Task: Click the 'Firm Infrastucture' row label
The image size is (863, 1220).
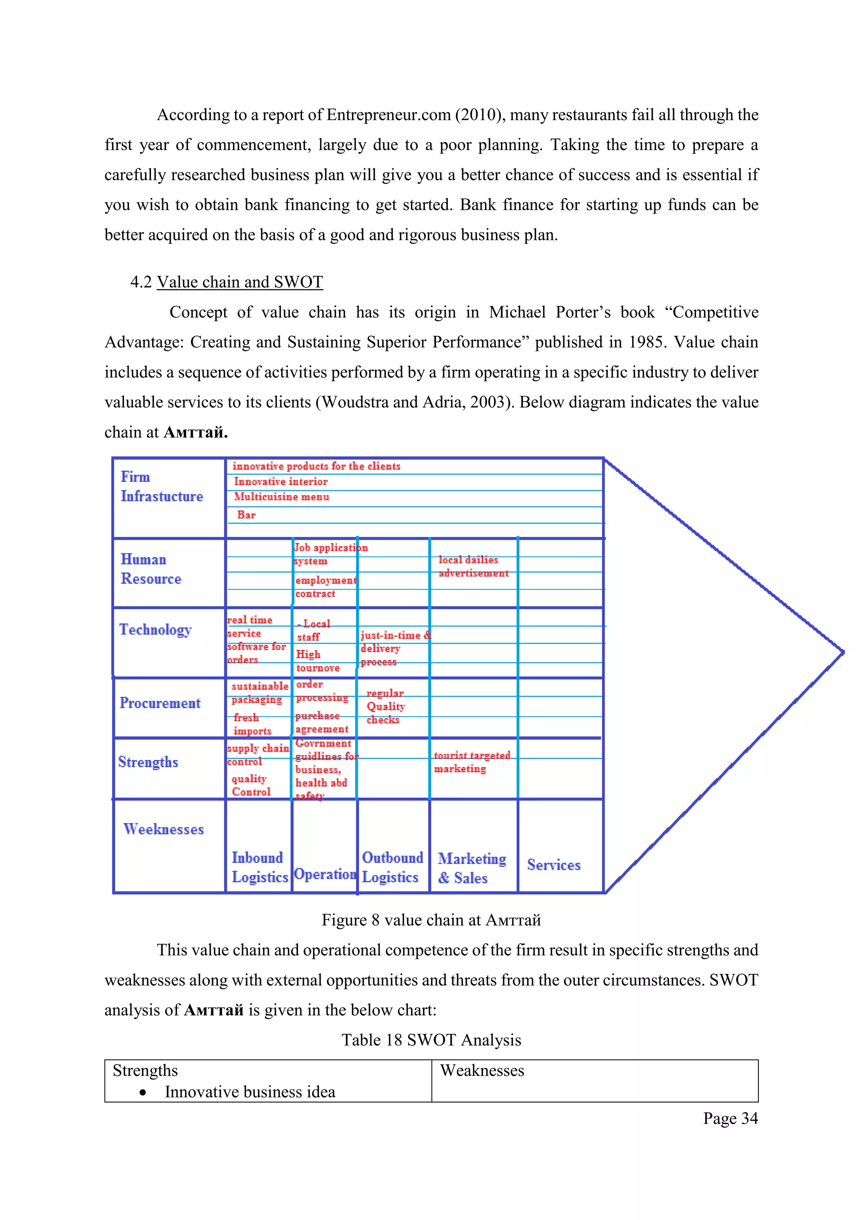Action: (161, 486)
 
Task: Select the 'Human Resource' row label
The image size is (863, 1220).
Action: (151, 569)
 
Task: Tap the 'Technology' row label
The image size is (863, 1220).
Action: (155, 630)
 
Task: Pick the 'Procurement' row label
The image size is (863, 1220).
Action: (160, 703)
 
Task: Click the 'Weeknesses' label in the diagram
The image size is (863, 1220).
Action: (163, 829)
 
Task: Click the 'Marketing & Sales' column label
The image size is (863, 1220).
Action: (472, 868)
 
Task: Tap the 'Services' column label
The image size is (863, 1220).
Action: (554, 865)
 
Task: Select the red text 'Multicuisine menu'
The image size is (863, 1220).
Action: (281, 497)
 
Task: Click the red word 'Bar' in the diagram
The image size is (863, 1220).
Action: (246, 515)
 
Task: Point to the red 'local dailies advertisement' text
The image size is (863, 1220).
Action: (473, 567)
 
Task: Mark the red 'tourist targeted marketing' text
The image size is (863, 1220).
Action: (472, 762)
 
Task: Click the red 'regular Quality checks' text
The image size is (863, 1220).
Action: (385, 706)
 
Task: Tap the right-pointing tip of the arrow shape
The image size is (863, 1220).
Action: (842, 651)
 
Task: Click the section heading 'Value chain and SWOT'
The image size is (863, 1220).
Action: (240, 282)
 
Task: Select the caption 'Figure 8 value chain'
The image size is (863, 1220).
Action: (431, 920)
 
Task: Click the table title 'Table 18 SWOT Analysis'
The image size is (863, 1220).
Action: (431, 1040)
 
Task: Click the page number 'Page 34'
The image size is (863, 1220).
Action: (730, 1118)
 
